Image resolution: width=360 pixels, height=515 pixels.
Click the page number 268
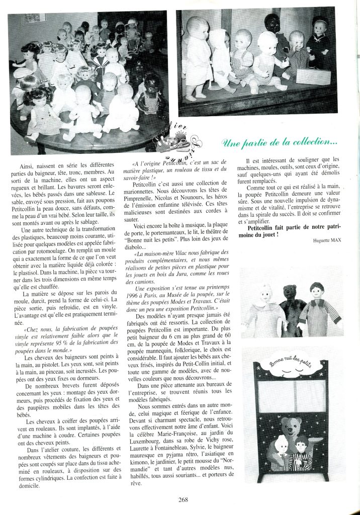tap(183, 499)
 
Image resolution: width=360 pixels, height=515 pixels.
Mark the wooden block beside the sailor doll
tap(313, 75)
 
